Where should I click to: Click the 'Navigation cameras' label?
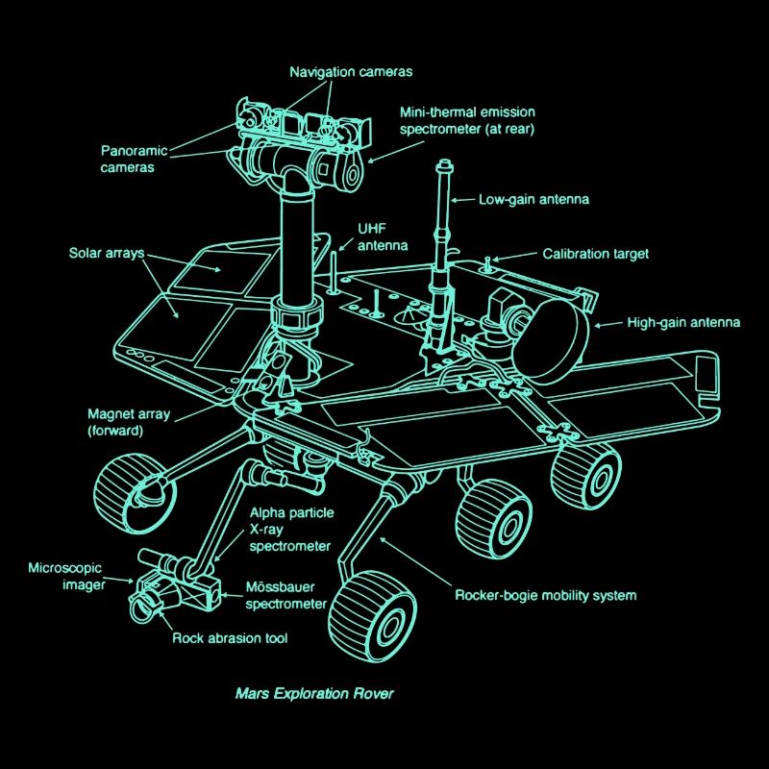351,72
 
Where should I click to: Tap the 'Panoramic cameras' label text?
134,159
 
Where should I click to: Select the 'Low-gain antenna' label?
533,200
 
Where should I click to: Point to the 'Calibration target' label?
595,254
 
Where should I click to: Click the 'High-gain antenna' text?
683,323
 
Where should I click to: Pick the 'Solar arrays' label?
106,254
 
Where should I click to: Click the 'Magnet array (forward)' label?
129,423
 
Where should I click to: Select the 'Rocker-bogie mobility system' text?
545,595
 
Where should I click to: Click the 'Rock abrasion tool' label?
230,637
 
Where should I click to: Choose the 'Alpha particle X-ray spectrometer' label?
291,530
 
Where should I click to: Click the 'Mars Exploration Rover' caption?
314,692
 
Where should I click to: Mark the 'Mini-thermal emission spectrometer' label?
467,119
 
